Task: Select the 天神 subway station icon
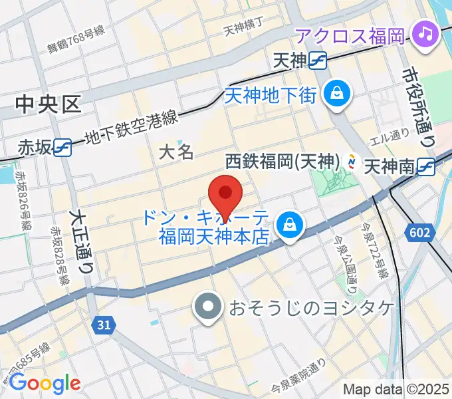coord(318,61)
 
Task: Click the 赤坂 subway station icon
coord(63,146)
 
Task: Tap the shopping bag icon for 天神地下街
coord(337,92)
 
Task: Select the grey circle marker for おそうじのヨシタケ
coord(208,307)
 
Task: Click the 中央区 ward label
coord(48,104)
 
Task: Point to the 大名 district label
coord(177,152)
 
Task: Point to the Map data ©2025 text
coord(396,390)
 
